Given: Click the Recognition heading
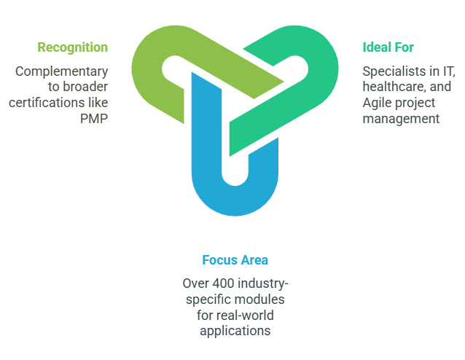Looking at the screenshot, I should point(73,47).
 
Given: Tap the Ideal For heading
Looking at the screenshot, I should point(388,47).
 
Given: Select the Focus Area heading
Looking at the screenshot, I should point(235,260).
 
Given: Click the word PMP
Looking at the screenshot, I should point(94,119).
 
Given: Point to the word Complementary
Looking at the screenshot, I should point(62,71).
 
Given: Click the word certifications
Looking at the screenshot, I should point(51,103).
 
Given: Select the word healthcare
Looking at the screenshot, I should point(392,87).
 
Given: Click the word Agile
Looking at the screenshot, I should point(378,103).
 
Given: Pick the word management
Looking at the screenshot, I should point(401,119).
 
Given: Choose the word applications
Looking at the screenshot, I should point(235,330).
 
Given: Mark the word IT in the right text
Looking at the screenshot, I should point(448,71).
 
